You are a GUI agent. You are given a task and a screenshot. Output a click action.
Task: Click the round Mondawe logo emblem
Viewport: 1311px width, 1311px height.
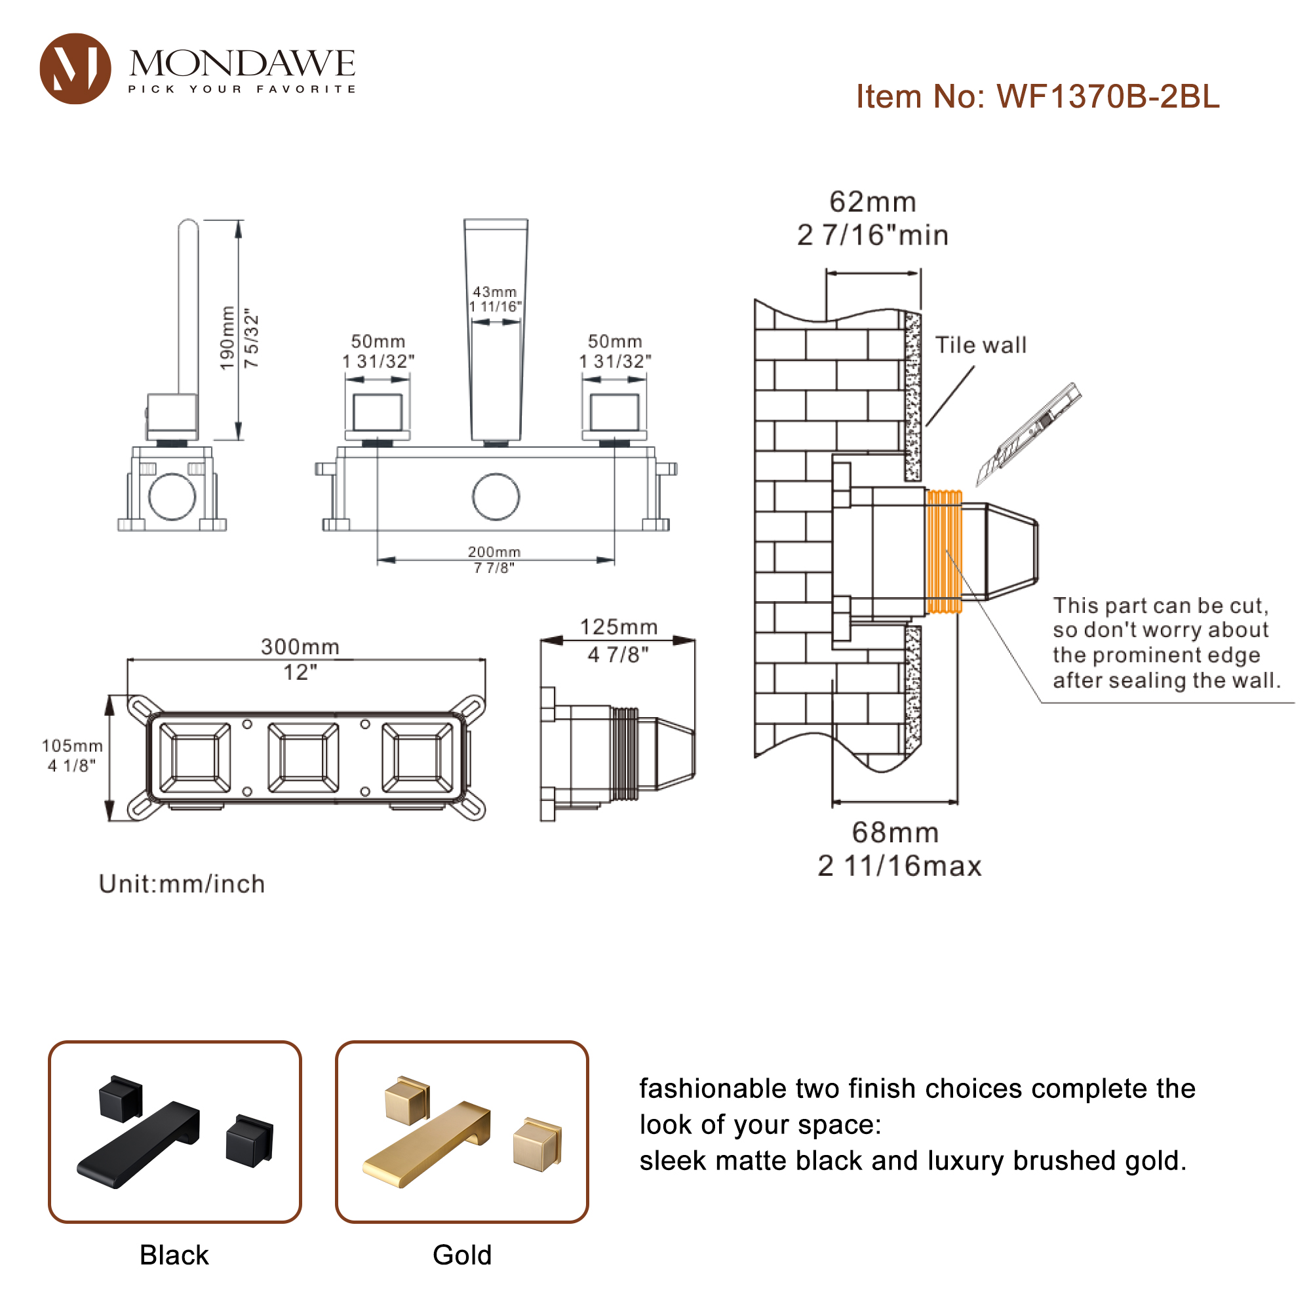[x=75, y=69]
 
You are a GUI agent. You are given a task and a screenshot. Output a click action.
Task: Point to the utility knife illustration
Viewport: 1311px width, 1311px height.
[x=1028, y=433]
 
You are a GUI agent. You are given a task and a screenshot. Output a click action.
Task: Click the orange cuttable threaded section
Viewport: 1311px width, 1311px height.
[x=944, y=551]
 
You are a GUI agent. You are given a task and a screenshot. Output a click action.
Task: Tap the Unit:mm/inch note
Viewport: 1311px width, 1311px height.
[x=182, y=884]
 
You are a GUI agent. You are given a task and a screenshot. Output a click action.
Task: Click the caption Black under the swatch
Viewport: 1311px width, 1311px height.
[x=174, y=1255]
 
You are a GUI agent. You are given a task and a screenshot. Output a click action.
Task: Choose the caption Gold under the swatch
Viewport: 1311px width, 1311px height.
[x=462, y=1255]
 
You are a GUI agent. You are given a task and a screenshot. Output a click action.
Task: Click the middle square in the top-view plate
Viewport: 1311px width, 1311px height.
[x=303, y=757]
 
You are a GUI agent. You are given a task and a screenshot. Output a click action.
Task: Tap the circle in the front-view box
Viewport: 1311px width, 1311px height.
[x=496, y=497]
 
